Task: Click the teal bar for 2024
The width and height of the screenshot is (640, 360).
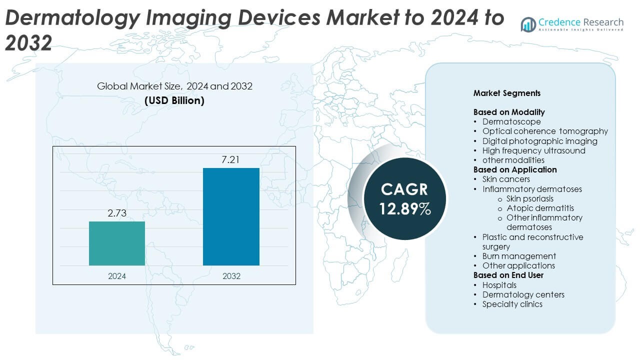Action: [x=117, y=243]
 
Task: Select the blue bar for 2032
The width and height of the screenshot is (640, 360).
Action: [x=231, y=216]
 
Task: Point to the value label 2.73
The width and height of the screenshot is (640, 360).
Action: [x=117, y=213]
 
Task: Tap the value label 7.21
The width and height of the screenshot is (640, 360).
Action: [x=231, y=160]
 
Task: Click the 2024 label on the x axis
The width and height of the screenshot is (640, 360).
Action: [x=117, y=276]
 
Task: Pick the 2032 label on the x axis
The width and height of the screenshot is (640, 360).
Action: [x=231, y=276]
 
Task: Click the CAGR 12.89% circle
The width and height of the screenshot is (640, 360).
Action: [x=404, y=198]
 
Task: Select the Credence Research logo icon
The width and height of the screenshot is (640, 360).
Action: [x=528, y=24]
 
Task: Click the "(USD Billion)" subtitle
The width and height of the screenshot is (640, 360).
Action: [x=174, y=100]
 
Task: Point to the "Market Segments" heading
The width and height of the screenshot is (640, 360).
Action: [x=506, y=93]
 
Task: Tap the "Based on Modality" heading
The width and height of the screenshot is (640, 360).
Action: [x=509, y=112]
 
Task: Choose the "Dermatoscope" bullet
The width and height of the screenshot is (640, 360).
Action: [x=511, y=121]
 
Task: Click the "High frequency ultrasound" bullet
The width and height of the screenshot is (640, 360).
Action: [x=533, y=150]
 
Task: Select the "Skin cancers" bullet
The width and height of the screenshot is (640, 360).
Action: [x=506, y=179]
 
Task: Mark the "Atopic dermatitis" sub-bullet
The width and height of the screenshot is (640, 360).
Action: [x=540, y=208]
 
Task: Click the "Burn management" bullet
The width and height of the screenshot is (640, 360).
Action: [x=519, y=256]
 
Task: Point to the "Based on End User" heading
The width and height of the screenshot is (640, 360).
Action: [x=508, y=275]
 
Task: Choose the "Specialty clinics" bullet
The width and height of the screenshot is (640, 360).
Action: [x=512, y=304]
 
